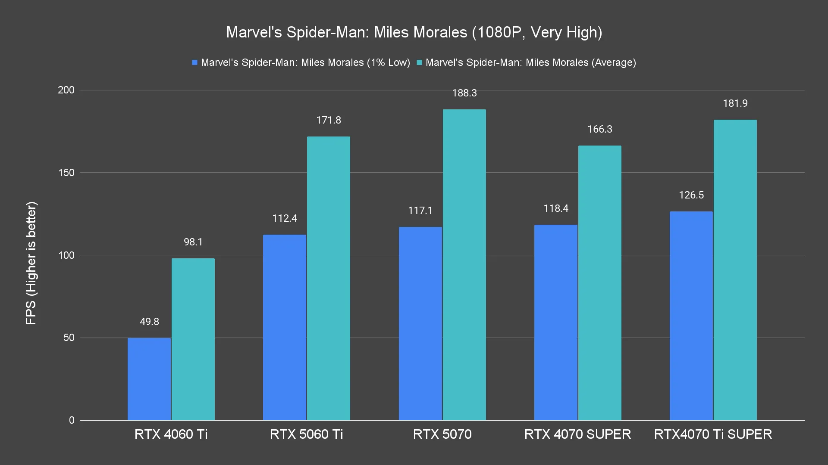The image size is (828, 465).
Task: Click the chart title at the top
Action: click(x=414, y=32)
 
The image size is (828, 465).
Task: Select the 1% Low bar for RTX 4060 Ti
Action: click(x=149, y=379)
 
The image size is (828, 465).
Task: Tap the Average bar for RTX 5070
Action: click(x=464, y=265)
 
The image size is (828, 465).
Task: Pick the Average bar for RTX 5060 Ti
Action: click(x=329, y=278)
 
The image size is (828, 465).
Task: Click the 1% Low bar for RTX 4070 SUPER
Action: click(x=555, y=322)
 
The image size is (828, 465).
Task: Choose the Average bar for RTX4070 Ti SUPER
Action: click(x=735, y=270)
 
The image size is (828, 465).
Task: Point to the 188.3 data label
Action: click(x=464, y=93)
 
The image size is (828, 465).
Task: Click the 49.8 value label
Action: click(x=149, y=322)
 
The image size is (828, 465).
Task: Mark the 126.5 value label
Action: click(x=691, y=195)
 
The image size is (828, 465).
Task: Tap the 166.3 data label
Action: click(x=599, y=129)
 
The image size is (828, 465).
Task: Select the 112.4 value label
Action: click(x=285, y=218)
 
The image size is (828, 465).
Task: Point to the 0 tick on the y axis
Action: click(x=72, y=420)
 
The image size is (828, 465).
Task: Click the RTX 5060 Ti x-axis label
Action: click(x=306, y=434)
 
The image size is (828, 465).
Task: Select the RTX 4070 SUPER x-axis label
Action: click(x=577, y=434)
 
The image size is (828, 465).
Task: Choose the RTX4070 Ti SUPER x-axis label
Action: click(x=713, y=434)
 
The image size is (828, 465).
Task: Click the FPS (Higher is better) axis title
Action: click(x=31, y=263)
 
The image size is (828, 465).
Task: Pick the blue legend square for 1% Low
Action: click(x=195, y=63)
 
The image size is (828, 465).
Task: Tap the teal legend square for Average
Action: click(x=419, y=63)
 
